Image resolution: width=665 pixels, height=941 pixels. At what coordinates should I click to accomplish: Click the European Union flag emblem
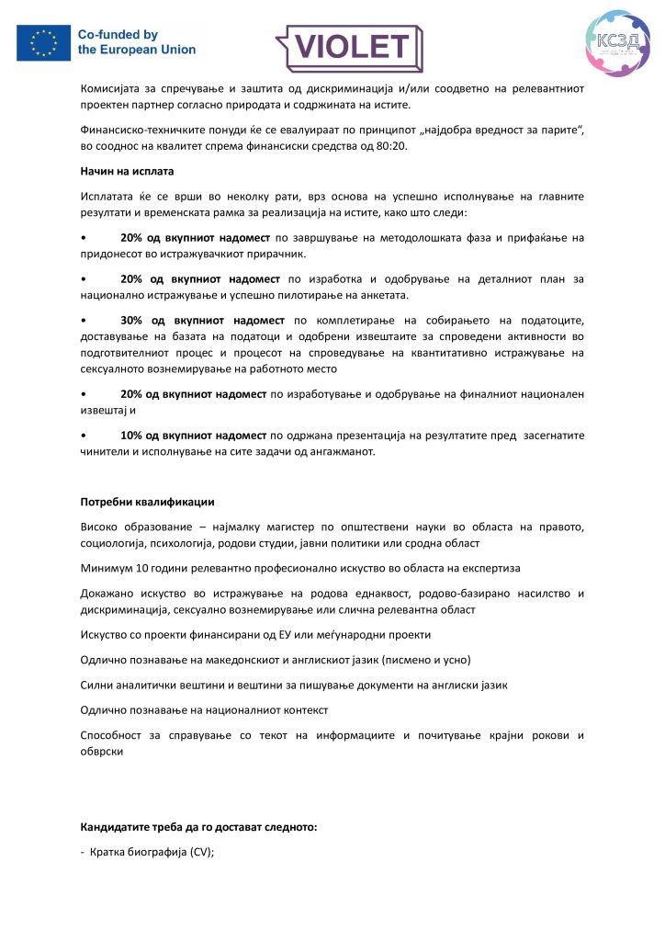click(x=43, y=42)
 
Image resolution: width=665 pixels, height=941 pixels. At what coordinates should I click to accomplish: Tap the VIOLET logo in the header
click(x=349, y=46)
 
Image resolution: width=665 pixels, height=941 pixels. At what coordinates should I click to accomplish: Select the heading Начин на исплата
click(x=127, y=171)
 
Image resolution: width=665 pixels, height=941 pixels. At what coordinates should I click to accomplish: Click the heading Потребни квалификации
click(x=147, y=502)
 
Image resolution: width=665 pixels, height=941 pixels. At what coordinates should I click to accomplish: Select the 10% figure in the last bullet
click(x=130, y=435)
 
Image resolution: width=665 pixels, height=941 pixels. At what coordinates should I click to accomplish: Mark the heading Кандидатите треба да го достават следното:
click(x=198, y=827)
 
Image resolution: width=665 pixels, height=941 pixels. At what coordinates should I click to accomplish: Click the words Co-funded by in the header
click(x=118, y=34)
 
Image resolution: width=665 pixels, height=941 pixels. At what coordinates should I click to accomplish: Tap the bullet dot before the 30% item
click(x=85, y=320)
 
